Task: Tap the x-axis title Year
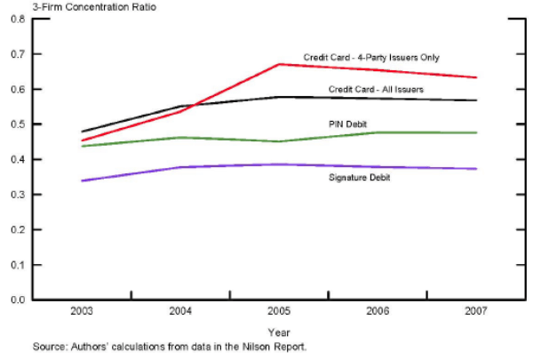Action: (x=280, y=333)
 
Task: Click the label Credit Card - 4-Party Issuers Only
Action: (x=371, y=58)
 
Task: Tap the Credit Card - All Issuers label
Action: (x=375, y=89)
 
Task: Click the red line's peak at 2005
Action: (x=280, y=64)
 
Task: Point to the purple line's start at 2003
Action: (x=82, y=180)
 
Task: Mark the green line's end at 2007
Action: (x=477, y=132)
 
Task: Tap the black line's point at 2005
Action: (x=280, y=97)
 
